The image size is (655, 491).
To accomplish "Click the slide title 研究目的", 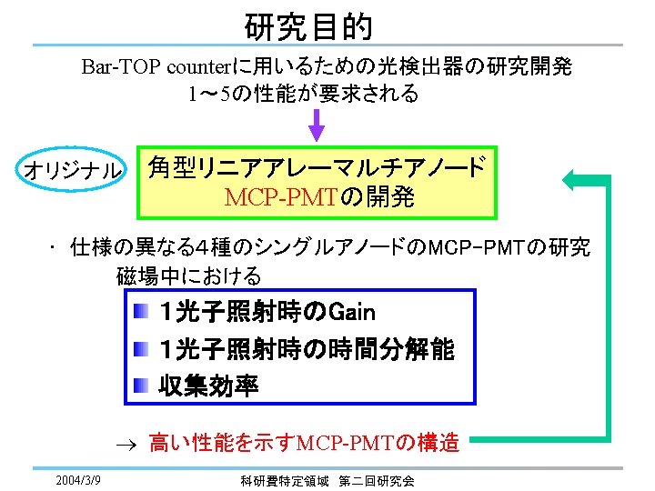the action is click(x=308, y=26).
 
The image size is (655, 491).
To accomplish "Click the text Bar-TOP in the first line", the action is click(x=112, y=67).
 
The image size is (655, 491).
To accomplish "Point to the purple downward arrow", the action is click(x=317, y=123).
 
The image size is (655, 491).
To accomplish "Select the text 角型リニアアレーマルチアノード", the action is click(x=317, y=167).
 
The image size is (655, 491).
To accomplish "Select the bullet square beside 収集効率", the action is click(x=140, y=386).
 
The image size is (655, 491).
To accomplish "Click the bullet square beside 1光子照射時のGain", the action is click(x=140, y=314).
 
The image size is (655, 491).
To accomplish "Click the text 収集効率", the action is click(x=208, y=386).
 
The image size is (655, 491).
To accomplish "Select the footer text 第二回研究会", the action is click(x=375, y=480).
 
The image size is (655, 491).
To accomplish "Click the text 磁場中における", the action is click(x=188, y=276).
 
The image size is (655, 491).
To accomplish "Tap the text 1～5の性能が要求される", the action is click(x=303, y=94).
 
